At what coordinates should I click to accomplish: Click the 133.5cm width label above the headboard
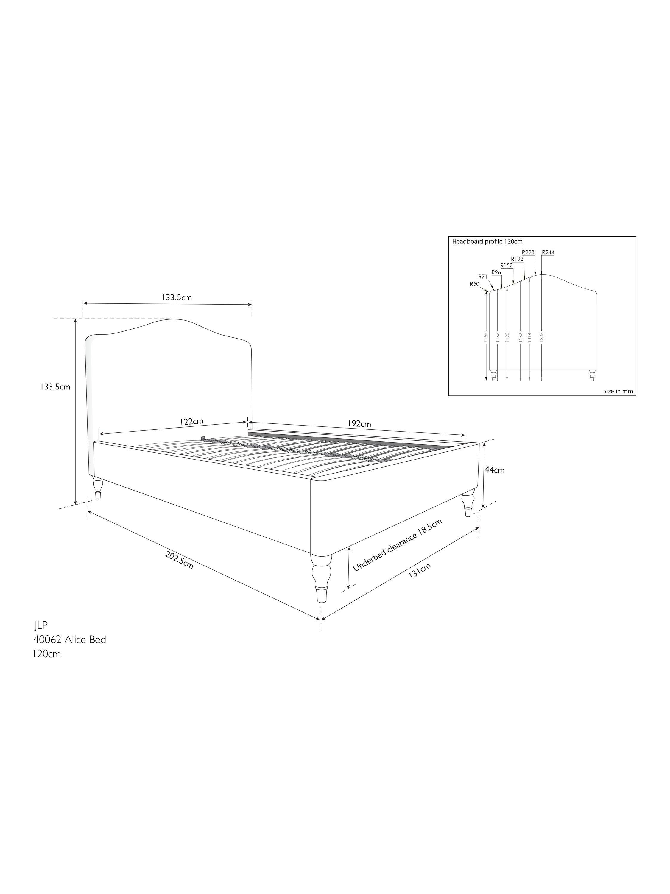[x=177, y=297]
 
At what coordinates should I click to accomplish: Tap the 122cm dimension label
[x=191, y=422]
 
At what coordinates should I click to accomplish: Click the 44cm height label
[x=494, y=470]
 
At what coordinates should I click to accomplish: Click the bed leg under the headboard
[x=98, y=488]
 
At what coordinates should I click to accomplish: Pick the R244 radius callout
[x=548, y=253]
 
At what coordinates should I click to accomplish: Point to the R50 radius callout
[x=475, y=284]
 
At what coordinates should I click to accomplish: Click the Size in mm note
[x=618, y=391]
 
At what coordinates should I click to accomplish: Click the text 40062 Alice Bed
[x=70, y=640]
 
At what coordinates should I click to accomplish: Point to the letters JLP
[x=41, y=625]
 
